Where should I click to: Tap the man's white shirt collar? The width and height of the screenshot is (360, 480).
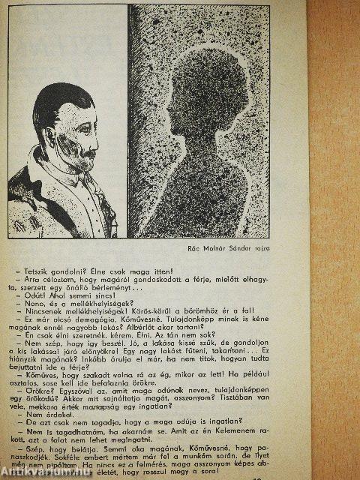click(x=75, y=180)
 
